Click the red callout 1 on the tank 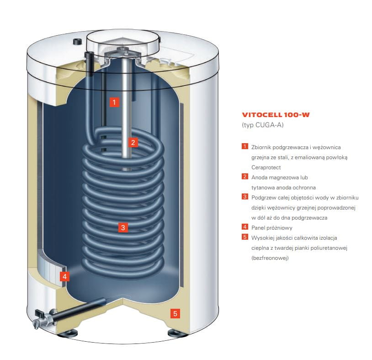pyautogui.click(x=114, y=102)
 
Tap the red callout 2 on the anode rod pyautogui.click(x=133, y=142)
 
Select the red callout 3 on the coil pyautogui.click(x=122, y=226)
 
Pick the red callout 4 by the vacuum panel pyautogui.click(x=65, y=276)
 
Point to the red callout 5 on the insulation pyautogui.click(x=175, y=313)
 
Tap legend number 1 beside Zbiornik pyautogui.click(x=245, y=147)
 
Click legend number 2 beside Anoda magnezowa pyautogui.click(x=245, y=177)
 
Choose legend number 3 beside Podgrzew pyautogui.click(x=245, y=197)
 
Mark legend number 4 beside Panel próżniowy pyautogui.click(x=245, y=227)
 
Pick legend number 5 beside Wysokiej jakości pyautogui.click(x=245, y=237)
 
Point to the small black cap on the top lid pyautogui.click(x=76, y=42)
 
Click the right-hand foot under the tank pyautogui.click(x=177, y=333)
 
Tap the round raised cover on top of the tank pyautogui.click(x=121, y=41)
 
